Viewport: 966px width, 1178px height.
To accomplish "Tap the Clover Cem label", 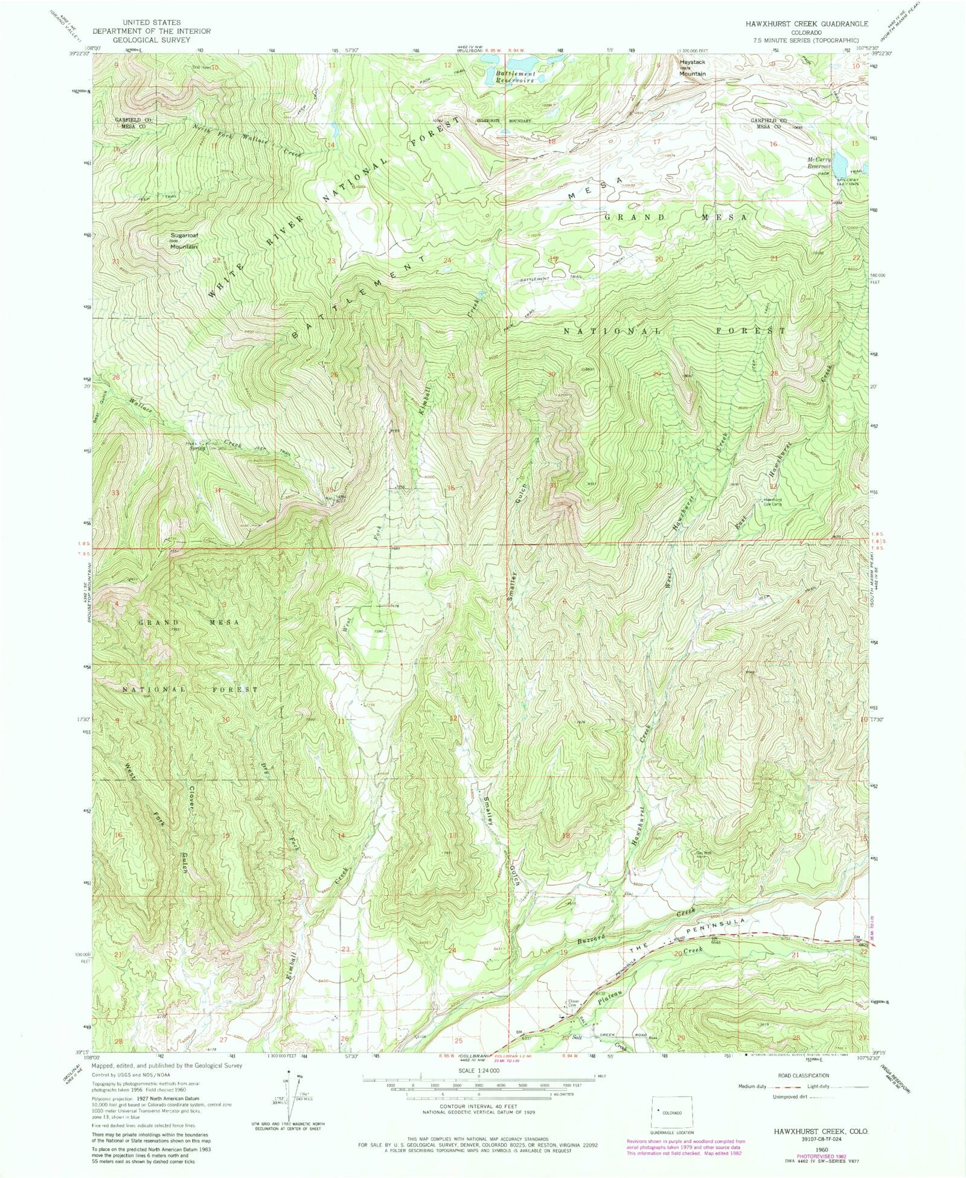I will pos(573,1002).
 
